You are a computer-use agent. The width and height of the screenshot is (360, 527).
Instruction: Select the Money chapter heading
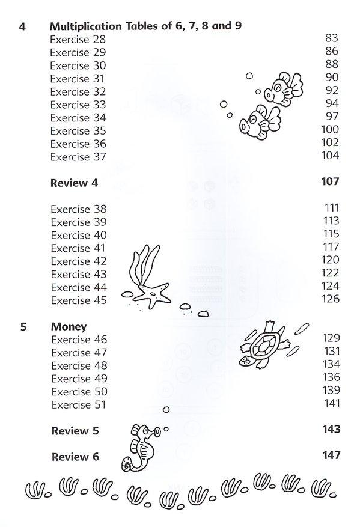tap(69, 327)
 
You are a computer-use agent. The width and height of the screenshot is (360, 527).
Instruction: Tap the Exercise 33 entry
tap(78, 104)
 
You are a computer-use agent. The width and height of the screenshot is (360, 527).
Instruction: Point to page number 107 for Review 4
tap(330, 181)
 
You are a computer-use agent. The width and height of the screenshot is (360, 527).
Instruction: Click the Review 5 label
tap(75, 431)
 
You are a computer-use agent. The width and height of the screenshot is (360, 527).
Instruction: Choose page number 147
tap(330, 457)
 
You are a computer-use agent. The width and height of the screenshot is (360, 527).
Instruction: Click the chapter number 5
tap(22, 327)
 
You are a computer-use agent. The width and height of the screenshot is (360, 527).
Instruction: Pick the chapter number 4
tap(22, 26)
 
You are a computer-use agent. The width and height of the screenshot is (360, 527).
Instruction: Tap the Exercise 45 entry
tap(79, 300)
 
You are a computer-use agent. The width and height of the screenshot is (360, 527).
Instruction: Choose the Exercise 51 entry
tap(79, 405)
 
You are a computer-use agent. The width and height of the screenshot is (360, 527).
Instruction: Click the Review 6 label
tap(75, 457)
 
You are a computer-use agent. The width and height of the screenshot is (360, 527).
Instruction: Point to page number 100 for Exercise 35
tap(331, 130)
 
